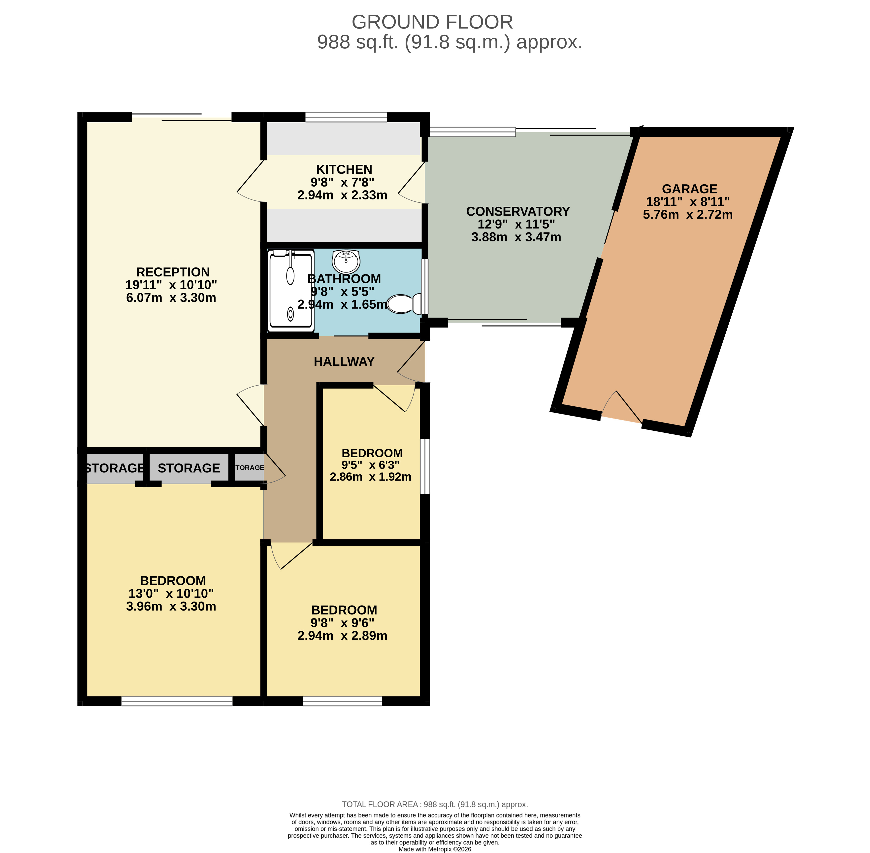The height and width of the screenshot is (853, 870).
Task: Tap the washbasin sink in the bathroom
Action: pyautogui.click(x=346, y=261)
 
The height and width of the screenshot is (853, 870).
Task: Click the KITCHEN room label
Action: pyautogui.click(x=344, y=169)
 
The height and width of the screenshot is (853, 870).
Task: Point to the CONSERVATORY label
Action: pyautogui.click(x=518, y=211)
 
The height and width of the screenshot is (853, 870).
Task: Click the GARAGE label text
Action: pyautogui.click(x=689, y=189)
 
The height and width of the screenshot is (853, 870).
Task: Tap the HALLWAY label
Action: pyautogui.click(x=344, y=361)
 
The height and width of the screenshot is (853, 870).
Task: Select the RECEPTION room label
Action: pyautogui.click(x=173, y=272)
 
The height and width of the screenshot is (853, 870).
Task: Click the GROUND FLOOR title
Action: pyautogui.click(x=432, y=22)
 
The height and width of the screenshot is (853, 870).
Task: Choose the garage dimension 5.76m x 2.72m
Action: pyautogui.click(x=688, y=215)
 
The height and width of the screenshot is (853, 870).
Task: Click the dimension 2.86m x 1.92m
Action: pyautogui.click(x=370, y=477)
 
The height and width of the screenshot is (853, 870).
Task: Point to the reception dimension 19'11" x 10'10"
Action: pyautogui.click(x=171, y=285)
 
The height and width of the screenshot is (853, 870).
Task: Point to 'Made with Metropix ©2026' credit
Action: pyautogui.click(x=435, y=849)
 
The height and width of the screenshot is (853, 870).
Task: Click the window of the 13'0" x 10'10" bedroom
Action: pyautogui.click(x=177, y=701)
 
